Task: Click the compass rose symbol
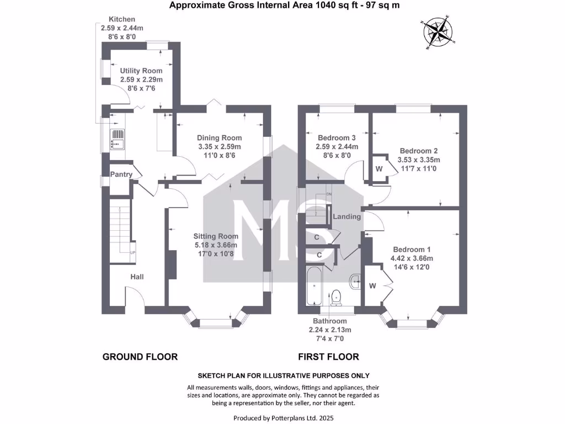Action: (x=439, y=33)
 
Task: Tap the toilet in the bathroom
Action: (x=336, y=298)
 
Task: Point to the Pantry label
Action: (x=121, y=174)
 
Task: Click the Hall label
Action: (x=137, y=277)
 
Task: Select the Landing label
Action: (x=347, y=216)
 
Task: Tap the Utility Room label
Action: (x=141, y=71)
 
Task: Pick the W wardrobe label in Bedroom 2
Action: (x=379, y=168)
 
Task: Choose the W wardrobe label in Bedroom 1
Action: (x=372, y=285)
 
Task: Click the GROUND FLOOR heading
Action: (x=140, y=357)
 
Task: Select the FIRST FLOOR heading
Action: (x=328, y=357)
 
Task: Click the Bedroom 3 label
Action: (x=337, y=138)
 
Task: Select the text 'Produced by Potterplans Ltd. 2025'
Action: (x=284, y=418)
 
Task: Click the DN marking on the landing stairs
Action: (x=329, y=195)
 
